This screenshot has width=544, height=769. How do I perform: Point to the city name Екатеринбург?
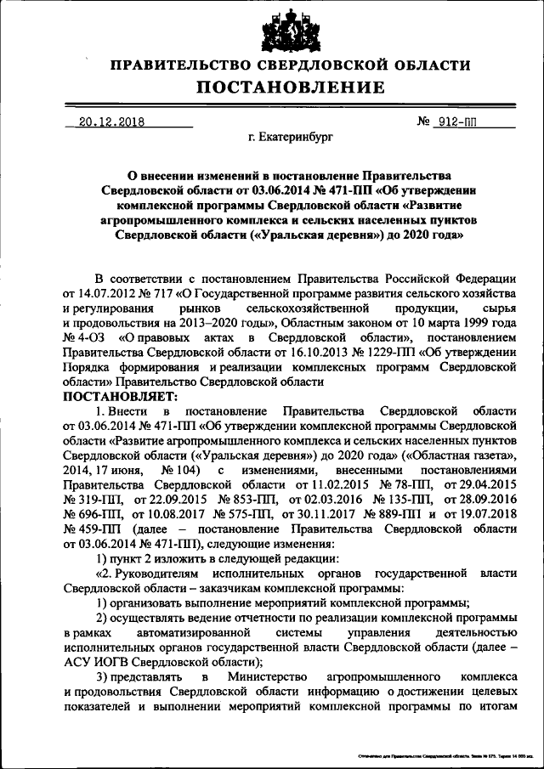point(291,136)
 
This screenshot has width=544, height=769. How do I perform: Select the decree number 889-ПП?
point(390,513)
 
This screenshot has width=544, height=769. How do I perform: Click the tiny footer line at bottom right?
point(438,755)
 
